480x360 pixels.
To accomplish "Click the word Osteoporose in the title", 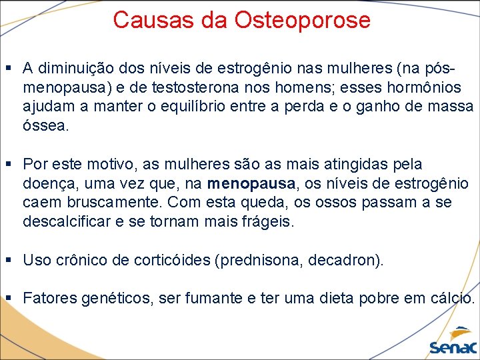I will point(302,20).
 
